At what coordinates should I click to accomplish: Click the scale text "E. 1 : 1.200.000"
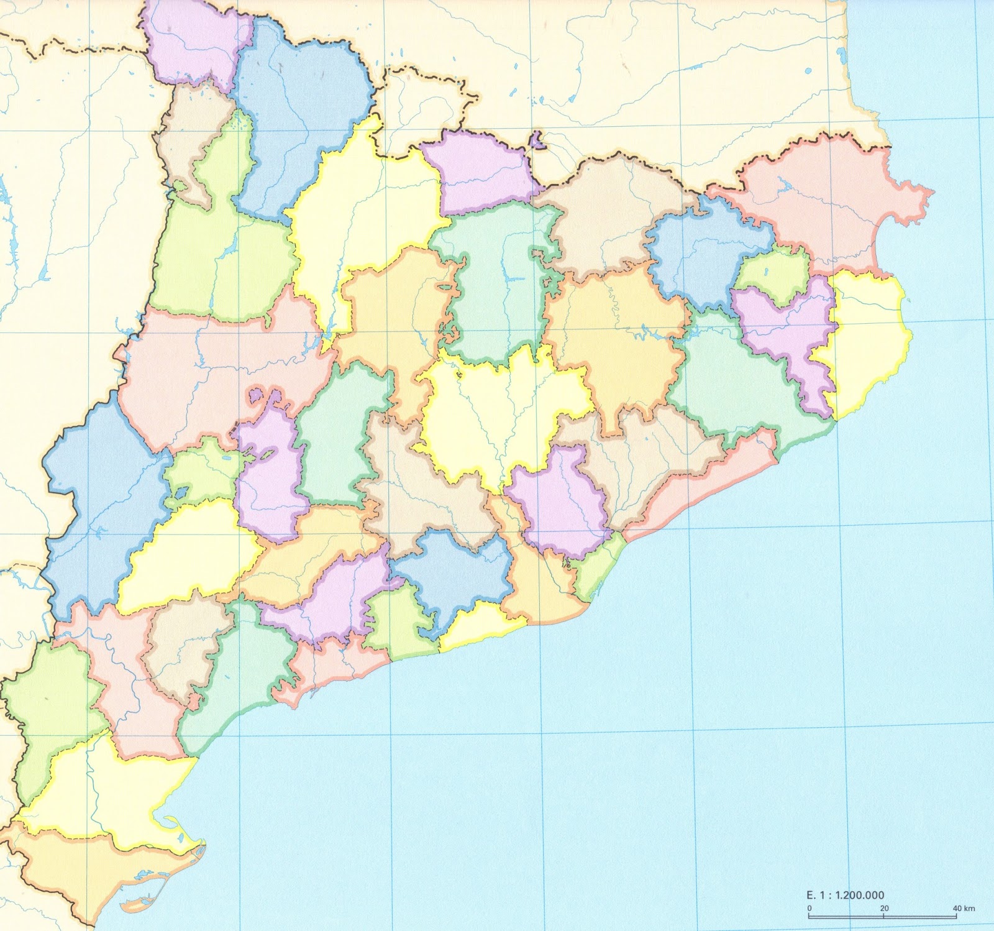[x=845, y=896]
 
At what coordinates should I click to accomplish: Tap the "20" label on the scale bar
[x=884, y=908]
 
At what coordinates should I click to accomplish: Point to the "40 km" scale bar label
[x=964, y=908]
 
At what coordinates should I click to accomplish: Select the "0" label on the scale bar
[x=809, y=908]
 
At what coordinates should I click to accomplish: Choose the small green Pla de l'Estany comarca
[x=773, y=273]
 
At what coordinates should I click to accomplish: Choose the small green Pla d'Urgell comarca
[x=202, y=472]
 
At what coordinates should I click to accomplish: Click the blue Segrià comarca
[x=99, y=497]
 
